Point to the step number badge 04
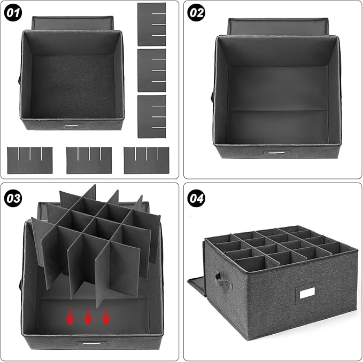click(x=197, y=198)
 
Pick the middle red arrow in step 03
click(x=89, y=317)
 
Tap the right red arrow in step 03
click(x=106, y=317)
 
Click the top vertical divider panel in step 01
click(x=151, y=24)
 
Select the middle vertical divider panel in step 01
click(x=151, y=70)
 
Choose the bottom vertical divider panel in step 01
click(x=151, y=116)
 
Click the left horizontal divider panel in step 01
click(x=30, y=160)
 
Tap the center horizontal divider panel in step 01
click(x=89, y=160)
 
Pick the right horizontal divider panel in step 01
click(x=146, y=160)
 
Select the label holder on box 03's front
click(x=88, y=343)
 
